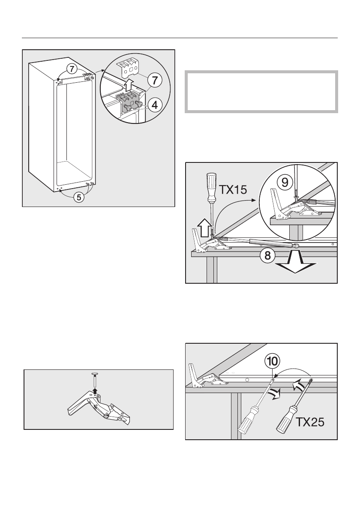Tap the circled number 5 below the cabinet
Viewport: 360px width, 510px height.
coord(78,198)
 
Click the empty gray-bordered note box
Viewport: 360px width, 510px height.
coord(261,91)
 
